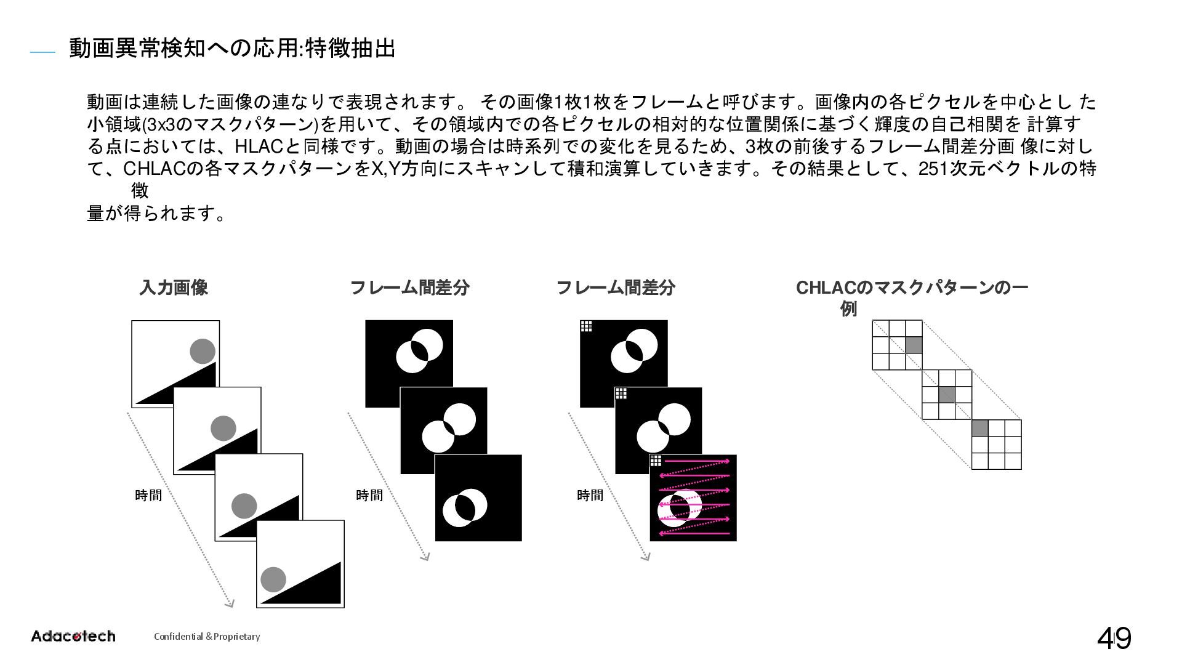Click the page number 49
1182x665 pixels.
(x=1114, y=638)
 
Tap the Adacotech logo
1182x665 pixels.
(x=73, y=636)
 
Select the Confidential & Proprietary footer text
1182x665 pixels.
(x=207, y=637)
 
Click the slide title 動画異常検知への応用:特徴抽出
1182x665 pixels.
(x=232, y=48)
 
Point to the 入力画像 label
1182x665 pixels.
(x=174, y=287)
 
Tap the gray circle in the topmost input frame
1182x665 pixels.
(x=203, y=352)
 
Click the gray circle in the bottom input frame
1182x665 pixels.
(x=273, y=579)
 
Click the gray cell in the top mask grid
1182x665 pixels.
(x=914, y=345)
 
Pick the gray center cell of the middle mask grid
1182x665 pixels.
(x=947, y=394)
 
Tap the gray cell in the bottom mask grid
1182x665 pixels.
(x=980, y=428)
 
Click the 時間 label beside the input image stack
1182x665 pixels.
(x=148, y=495)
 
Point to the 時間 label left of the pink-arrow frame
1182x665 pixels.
(x=590, y=495)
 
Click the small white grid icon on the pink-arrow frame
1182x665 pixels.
(x=656, y=461)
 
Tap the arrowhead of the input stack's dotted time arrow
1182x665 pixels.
(x=230, y=603)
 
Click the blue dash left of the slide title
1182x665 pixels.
(x=42, y=54)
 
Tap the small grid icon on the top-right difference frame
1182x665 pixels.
(x=586, y=326)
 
